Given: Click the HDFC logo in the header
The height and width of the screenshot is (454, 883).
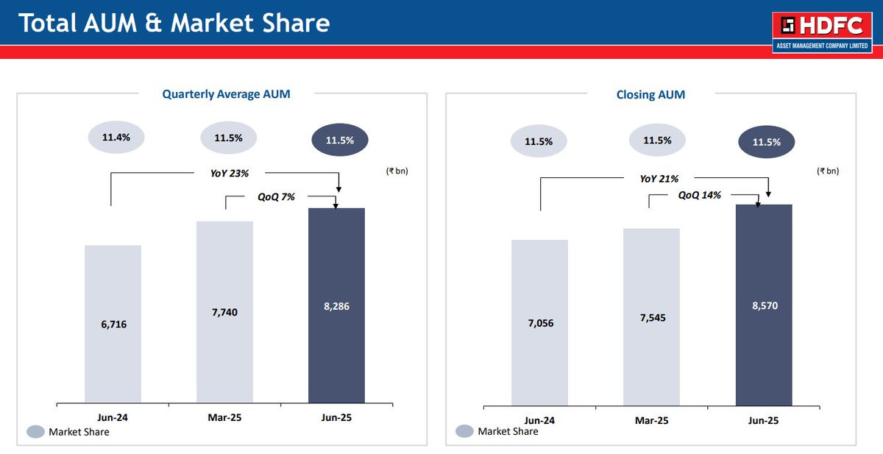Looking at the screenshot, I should (x=823, y=33).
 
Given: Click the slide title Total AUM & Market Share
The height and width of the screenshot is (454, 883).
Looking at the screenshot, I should (x=174, y=23).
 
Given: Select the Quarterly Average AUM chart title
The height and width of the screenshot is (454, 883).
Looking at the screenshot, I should (x=226, y=94).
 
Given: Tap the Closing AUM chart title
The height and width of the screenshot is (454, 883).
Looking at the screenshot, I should (x=650, y=94).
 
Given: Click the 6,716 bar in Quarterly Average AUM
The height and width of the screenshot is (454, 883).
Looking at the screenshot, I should (x=113, y=324).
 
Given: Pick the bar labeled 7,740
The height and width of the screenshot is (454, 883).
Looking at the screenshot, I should (x=224, y=312).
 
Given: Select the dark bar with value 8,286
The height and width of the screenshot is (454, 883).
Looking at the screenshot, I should (x=336, y=305).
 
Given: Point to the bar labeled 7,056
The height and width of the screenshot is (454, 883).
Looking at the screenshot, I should (x=539, y=322).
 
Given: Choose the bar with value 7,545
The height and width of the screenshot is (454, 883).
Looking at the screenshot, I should (x=651, y=316).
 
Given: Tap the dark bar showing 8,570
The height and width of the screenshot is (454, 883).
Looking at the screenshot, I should (x=764, y=305).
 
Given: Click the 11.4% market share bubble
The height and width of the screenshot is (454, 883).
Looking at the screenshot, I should (x=116, y=138).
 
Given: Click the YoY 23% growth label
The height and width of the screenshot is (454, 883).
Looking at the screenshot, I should (x=224, y=174).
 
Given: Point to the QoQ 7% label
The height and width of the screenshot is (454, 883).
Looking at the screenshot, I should (x=276, y=196).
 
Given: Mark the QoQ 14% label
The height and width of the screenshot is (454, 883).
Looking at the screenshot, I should (x=699, y=195).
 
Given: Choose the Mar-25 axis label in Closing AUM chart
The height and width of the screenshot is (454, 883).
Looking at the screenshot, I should (x=651, y=420).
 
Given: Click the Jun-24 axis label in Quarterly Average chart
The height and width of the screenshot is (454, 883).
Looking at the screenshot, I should (x=113, y=417).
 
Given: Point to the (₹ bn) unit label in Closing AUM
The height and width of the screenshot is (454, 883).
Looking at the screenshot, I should (x=827, y=171).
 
